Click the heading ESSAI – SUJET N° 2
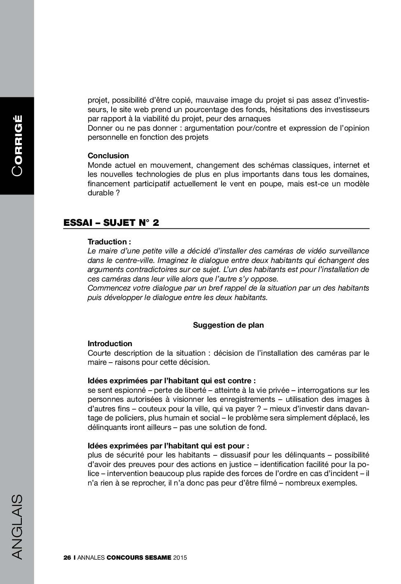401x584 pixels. [x=111, y=223]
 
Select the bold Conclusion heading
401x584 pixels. [x=108, y=156]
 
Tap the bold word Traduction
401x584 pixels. [x=107, y=242]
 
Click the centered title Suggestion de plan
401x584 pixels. [x=228, y=325]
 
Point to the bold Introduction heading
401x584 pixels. [x=110, y=344]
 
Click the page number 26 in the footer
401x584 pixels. [x=67, y=558]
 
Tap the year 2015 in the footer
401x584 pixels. [x=180, y=558]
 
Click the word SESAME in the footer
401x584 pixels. [x=158, y=558]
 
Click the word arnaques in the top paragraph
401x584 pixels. [x=254, y=119]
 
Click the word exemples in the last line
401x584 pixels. [x=340, y=483]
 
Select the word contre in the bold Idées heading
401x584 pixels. [x=241, y=381]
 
